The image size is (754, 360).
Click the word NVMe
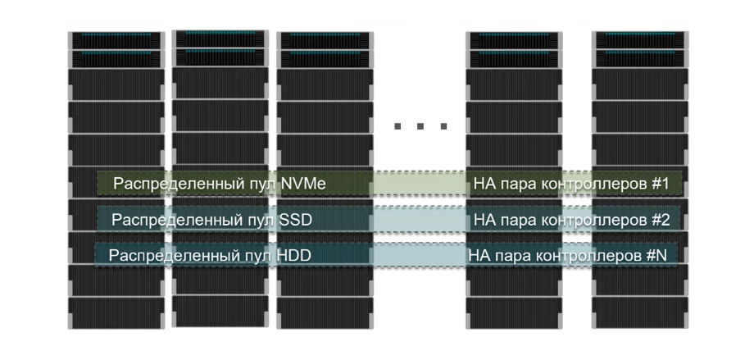(x=303, y=184)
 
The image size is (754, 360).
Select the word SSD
(x=296, y=220)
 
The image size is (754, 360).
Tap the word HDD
(x=294, y=256)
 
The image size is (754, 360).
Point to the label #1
(x=662, y=184)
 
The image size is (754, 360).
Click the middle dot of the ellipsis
(x=421, y=126)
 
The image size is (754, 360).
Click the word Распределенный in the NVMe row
(x=170, y=184)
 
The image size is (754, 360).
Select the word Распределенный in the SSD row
(x=167, y=220)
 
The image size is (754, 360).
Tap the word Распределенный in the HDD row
(x=164, y=256)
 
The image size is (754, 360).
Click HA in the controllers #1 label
(x=484, y=184)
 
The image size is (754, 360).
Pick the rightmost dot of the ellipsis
(x=443, y=126)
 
